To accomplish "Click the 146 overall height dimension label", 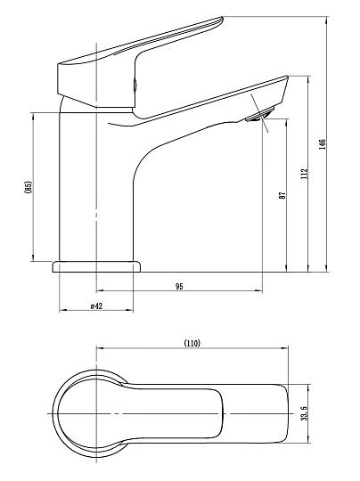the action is [322, 144].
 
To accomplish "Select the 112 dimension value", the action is [304, 174].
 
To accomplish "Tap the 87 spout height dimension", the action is [282, 195].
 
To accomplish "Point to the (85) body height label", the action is [29, 187].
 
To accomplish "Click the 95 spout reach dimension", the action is [179, 287].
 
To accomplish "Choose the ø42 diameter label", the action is [96, 306].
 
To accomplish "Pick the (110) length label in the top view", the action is [192, 343].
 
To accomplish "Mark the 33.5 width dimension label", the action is [304, 413].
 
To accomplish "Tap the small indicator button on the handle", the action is [135, 84].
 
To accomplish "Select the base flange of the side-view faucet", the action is [96, 266].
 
